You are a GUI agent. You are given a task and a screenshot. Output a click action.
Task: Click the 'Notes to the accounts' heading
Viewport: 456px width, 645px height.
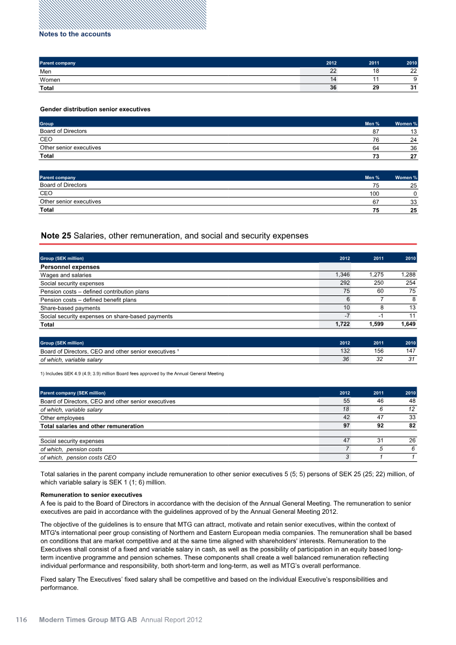coord(75,34)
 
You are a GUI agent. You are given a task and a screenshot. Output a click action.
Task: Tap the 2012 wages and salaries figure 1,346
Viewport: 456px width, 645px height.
coord(341,275)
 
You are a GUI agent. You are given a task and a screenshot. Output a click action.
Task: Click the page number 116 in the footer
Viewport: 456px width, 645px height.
coord(22,619)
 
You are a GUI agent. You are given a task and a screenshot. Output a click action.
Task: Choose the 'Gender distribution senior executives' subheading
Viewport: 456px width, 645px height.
coord(95,109)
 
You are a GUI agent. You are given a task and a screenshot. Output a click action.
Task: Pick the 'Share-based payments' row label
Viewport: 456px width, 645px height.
coord(70,308)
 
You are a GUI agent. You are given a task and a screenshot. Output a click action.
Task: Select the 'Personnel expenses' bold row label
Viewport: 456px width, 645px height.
coord(70,267)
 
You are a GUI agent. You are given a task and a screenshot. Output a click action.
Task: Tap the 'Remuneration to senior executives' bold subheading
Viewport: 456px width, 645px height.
coord(91,494)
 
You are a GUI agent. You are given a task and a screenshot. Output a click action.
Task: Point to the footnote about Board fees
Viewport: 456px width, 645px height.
coord(132,374)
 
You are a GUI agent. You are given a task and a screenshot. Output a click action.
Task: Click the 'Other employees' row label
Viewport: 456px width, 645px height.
coord(62,418)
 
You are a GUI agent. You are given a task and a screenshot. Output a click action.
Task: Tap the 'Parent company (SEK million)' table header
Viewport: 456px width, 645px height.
coord(72,393)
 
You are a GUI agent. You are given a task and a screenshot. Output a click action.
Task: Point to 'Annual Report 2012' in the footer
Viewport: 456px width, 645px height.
coord(172,619)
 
